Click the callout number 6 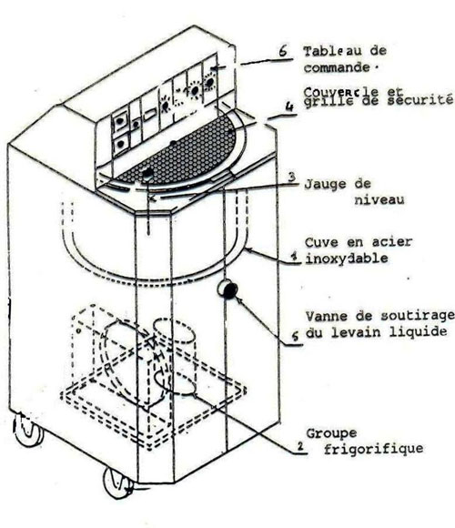click(283, 50)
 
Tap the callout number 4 click(289, 107)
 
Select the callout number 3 click(292, 177)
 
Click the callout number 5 click(295, 336)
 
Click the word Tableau click(329, 52)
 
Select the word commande click(337, 67)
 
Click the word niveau click(379, 199)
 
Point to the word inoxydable click(347, 259)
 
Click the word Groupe click(331, 433)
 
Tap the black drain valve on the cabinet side click(227, 289)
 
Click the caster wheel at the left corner click(27, 430)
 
